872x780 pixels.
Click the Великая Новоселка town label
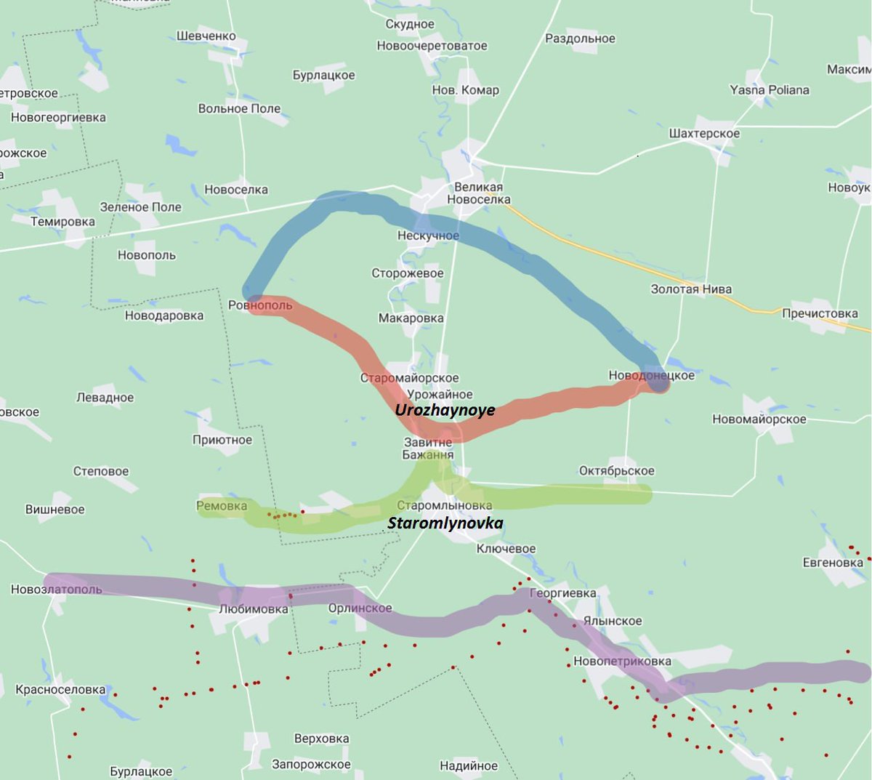click(x=478, y=193)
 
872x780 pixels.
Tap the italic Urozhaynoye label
click(x=445, y=410)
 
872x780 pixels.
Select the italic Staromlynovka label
click(x=445, y=523)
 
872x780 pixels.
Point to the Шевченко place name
click(x=206, y=36)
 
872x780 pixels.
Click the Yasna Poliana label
click(x=770, y=90)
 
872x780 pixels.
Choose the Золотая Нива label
click(x=691, y=289)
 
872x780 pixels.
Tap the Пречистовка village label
click(x=820, y=314)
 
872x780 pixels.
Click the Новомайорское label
click(x=759, y=419)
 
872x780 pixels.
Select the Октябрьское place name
click(x=616, y=471)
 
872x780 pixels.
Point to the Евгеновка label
click(x=833, y=563)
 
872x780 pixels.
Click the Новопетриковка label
click(x=622, y=662)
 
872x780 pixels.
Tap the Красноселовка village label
click(x=60, y=690)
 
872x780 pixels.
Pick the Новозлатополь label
click(x=56, y=590)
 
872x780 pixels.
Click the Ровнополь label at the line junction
click(x=260, y=305)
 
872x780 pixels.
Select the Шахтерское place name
click(x=704, y=134)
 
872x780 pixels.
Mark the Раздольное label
click(x=580, y=39)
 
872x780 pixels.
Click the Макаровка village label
click(x=411, y=318)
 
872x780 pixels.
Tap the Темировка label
click(x=62, y=222)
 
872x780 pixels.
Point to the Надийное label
click(x=469, y=765)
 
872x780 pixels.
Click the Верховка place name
click(x=321, y=739)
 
